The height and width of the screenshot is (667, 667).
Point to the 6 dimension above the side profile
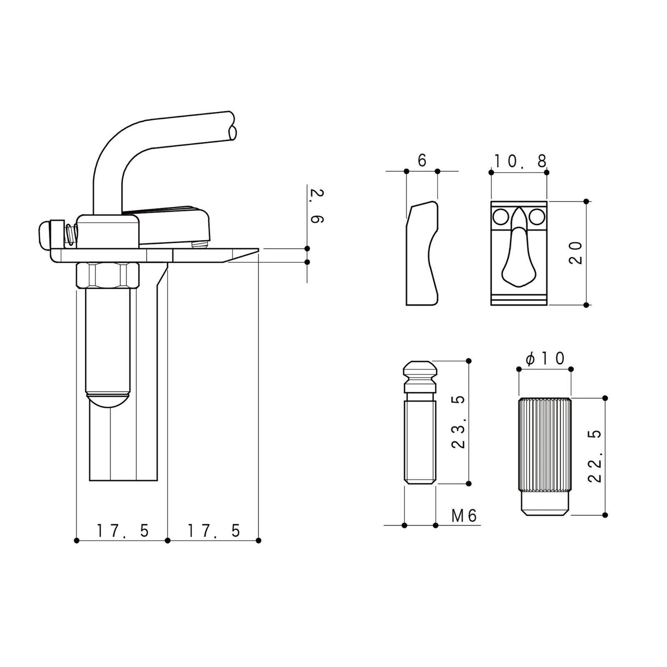(x=421, y=161)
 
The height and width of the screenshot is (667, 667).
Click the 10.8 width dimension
(x=520, y=161)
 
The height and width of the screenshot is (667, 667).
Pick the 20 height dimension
(x=576, y=253)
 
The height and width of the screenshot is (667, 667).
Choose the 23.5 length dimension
(x=458, y=422)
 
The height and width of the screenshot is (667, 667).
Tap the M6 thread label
(x=464, y=516)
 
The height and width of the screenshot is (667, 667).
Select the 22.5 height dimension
(x=595, y=456)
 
